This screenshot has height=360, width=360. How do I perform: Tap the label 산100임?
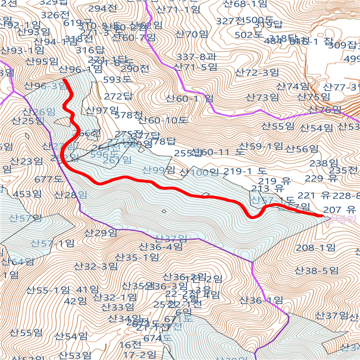point(199,173)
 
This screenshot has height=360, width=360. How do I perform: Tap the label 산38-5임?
point(317,271)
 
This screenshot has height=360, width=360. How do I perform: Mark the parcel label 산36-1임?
point(261,300)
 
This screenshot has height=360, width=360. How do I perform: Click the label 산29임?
point(101,233)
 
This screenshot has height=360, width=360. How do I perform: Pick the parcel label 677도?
point(49,179)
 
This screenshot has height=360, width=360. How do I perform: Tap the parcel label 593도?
point(117,79)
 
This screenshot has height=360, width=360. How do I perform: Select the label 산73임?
point(262,97)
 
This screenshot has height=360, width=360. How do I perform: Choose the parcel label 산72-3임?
point(257,73)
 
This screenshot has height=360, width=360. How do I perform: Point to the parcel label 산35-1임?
point(137,258)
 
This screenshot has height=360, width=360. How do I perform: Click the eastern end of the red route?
point(321,214)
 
